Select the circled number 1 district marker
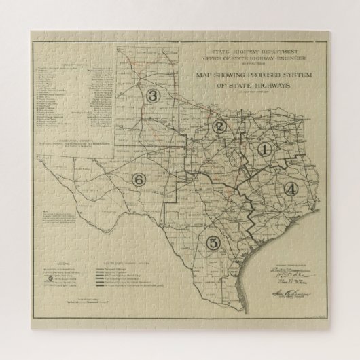[x=265, y=149]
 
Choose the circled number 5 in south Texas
[x=214, y=242]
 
